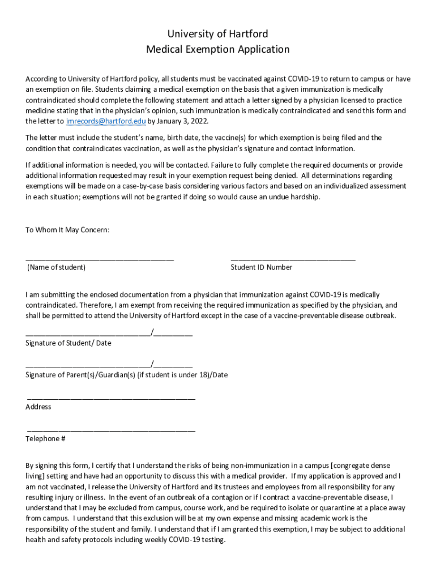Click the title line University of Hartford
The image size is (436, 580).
tap(217, 34)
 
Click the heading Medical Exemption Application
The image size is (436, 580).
tap(217, 49)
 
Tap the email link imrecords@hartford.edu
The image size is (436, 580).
tap(106, 121)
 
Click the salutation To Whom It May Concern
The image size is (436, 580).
tap(67, 230)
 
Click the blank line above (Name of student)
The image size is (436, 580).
tap(100, 259)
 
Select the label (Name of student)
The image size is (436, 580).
tap(56, 267)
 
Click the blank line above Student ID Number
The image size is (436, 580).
tap(293, 259)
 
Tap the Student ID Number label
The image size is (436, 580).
tap(261, 267)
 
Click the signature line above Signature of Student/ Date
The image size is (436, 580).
tap(88, 335)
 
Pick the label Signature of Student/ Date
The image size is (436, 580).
tap(69, 343)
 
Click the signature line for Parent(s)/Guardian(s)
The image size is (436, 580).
tap(88, 366)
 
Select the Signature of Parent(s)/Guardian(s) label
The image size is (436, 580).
tap(126, 375)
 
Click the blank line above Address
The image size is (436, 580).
tap(111, 398)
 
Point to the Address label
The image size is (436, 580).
tap(39, 407)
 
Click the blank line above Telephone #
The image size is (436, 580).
tap(111, 430)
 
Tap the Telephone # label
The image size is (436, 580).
tap(45, 438)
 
